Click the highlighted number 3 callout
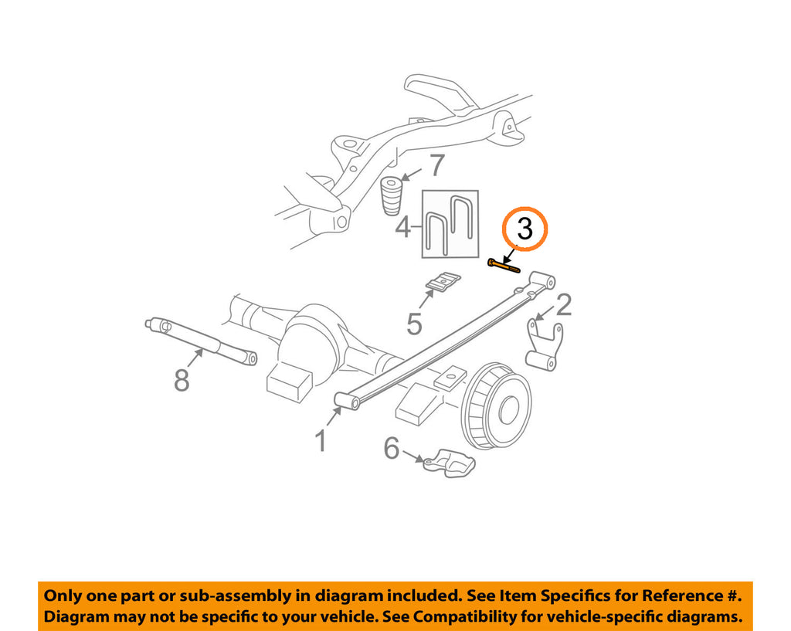click(x=525, y=229)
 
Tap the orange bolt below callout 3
click(x=504, y=266)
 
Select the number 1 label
click(x=321, y=441)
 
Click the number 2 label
click(x=563, y=304)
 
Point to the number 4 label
click(x=403, y=227)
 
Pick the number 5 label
click(x=414, y=324)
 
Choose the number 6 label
click(x=392, y=449)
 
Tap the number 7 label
click(x=437, y=165)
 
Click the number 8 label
click(x=182, y=380)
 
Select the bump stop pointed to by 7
click(x=392, y=195)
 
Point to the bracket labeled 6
click(x=450, y=463)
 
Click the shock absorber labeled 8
click(x=201, y=340)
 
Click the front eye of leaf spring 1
click(x=348, y=401)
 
